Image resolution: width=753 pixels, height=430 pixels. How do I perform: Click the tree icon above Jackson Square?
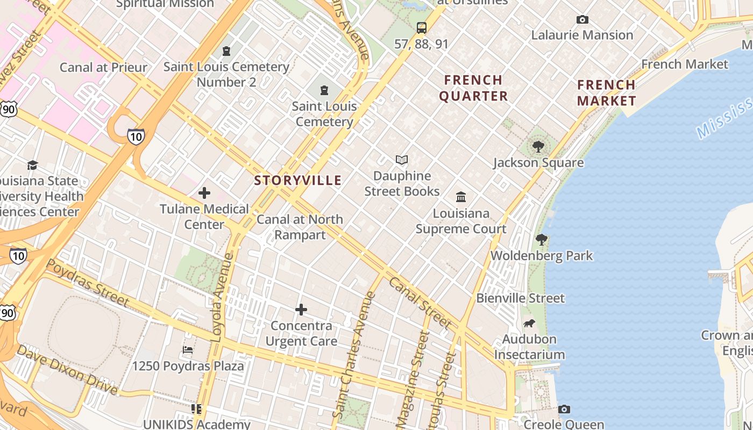click(x=538, y=146)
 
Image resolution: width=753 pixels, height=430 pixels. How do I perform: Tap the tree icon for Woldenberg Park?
click(x=541, y=240)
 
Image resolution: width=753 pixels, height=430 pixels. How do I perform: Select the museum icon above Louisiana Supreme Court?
click(x=461, y=197)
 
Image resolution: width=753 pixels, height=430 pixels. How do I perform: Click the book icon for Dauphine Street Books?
click(x=402, y=160)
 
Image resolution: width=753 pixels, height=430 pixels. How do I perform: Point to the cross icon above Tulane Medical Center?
click(x=204, y=192)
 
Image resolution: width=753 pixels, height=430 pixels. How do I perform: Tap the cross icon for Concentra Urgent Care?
click(x=301, y=310)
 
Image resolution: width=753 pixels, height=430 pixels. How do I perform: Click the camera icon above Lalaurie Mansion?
click(x=582, y=20)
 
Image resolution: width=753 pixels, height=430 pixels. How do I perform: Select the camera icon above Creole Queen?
click(x=564, y=410)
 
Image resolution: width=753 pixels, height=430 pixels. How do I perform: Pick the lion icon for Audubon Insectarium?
click(x=529, y=324)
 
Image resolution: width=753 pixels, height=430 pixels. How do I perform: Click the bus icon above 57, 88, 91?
click(x=422, y=28)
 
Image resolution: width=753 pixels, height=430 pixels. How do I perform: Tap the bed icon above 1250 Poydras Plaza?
click(x=188, y=350)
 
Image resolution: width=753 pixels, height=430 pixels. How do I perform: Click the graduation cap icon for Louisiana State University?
click(x=33, y=165)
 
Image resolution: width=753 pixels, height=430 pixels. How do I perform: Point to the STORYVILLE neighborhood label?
click(x=298, y=181)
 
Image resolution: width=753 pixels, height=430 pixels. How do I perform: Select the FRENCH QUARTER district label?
click(x=473, y=88)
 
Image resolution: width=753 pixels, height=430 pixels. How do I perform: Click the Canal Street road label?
click(x=419, y=302)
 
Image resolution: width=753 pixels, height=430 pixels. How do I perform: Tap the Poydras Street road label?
click(x=87, y=283)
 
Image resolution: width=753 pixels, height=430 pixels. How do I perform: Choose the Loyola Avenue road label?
click(x=222, y=297)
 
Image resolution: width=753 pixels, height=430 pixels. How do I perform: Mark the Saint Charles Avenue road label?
click(x=353, y=355)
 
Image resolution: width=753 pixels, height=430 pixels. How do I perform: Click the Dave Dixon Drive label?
click(x=67, y=370)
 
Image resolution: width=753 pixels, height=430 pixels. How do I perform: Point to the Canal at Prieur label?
click(x=103, y=67)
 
